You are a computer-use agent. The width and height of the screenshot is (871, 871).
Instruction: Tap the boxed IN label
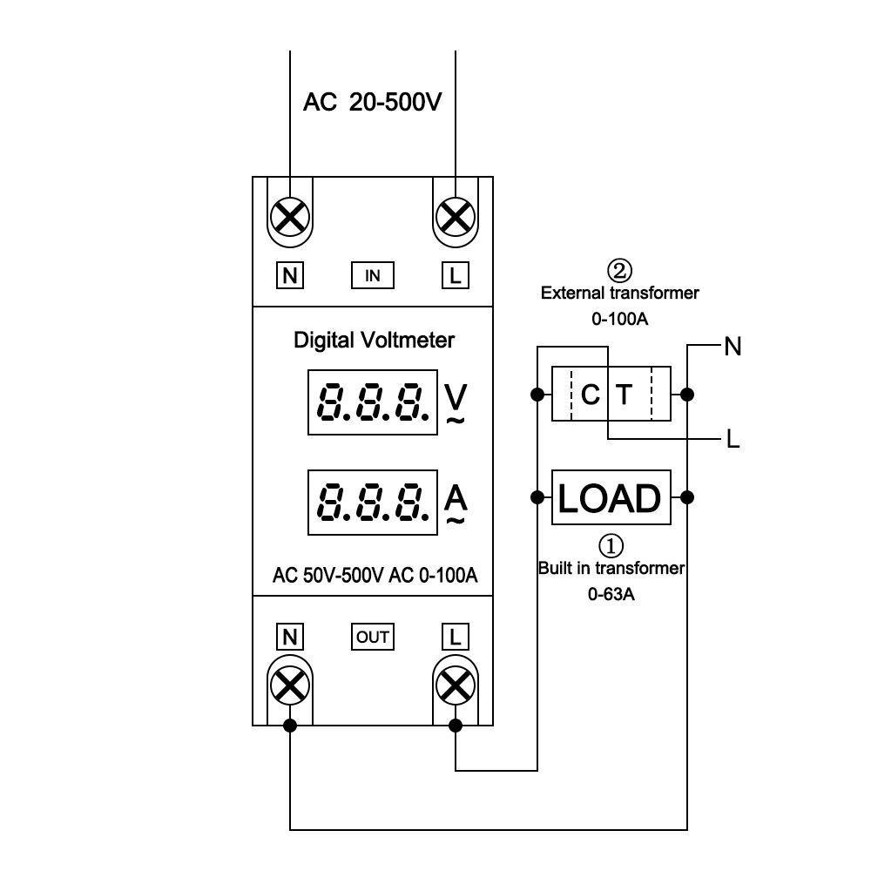click(373, 276)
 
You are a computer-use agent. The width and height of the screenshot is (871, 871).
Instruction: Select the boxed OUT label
click(373, 637)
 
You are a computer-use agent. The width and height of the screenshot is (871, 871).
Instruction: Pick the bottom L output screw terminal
click(455, 686)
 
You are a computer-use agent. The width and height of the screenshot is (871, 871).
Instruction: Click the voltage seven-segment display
click(372, 402)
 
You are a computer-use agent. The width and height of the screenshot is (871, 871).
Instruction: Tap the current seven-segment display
click(372, 503)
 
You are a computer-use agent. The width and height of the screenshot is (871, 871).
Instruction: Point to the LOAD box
click(611, 498)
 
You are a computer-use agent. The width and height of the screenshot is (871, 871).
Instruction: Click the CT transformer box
click(611, 395)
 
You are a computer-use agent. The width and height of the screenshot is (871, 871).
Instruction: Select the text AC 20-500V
click(373, 103)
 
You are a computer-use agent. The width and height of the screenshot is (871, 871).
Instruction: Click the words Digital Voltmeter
click(374, 340)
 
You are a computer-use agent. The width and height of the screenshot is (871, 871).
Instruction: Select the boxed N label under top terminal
click(290, 276)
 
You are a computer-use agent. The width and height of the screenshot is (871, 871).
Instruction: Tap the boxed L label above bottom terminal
click(455, 637)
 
